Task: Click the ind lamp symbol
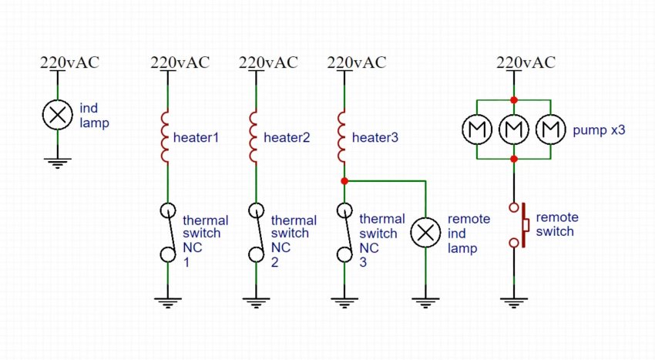coord(56,116)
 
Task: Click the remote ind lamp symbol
coord(425,233)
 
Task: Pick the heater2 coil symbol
coord(254,137)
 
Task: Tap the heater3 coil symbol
coord(342,137)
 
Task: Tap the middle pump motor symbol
coord(514,130)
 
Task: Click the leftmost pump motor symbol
coord(478,130)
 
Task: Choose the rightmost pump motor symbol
coord(550,130)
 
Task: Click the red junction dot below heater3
coord(343,181)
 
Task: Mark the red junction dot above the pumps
coord(514,100)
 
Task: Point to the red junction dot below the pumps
coord(514,159)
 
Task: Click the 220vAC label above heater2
coord(268,62)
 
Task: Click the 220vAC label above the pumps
coord(526,62)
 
